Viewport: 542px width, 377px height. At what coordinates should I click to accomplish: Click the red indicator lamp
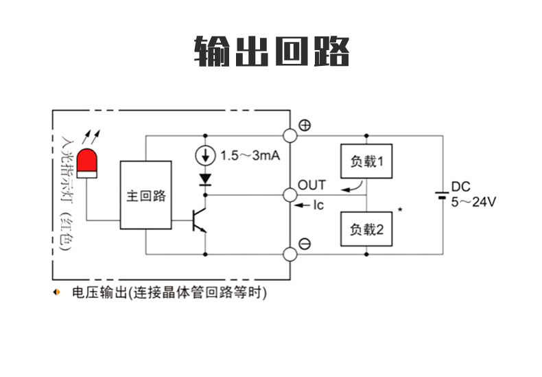click(87, 162)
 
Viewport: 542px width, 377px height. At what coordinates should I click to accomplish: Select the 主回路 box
click(145, 196)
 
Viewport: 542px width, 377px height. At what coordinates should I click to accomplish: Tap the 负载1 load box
click(366, 161)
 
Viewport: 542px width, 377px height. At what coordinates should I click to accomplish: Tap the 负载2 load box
click(366, 229)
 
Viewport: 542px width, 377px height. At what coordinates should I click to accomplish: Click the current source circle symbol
click(204, 155)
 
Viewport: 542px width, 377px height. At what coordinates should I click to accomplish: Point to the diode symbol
click(204, 179)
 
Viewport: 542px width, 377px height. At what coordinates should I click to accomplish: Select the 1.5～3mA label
click(250, 156)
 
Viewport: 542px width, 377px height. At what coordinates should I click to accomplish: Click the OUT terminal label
click(311, 185)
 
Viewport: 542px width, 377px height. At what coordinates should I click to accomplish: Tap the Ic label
click(318, 205)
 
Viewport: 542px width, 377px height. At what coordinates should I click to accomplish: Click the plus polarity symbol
click(305, 125)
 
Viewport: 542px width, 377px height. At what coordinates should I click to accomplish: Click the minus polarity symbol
click(305, 244)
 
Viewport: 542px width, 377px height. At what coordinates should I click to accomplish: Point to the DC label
click(460, 186)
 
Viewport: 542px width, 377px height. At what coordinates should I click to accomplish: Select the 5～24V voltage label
click(473, 202)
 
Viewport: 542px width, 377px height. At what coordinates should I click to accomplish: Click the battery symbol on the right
click(443, 194)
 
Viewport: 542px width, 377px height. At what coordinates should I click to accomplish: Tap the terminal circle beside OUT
click(290, 195)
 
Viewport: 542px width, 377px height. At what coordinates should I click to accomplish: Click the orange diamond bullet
click(57, 293)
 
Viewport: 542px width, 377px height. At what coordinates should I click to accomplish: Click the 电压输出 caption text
click(169, 293)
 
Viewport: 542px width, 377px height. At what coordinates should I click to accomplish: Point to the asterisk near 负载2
click(399, 208)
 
